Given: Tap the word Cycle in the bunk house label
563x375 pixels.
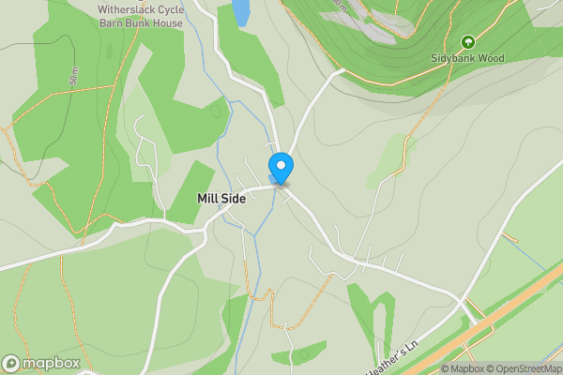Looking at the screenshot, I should [176, 9].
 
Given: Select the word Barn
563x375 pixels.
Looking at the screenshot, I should [114, 22].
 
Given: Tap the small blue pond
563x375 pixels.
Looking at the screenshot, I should [241, 11].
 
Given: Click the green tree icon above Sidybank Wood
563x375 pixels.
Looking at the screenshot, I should [467, 42].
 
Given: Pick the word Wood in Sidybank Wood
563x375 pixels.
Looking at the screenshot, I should [492, 58].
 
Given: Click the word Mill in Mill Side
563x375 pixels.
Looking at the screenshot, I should [207, 199].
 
